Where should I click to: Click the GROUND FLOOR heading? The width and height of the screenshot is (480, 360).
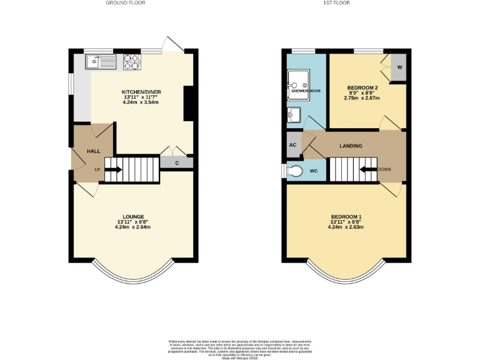[126, 3]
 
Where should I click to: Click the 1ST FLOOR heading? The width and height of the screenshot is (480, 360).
[336, 3]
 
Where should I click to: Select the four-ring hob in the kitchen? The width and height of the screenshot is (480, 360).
[131, 61]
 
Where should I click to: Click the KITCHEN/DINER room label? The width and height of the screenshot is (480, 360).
[141, 92]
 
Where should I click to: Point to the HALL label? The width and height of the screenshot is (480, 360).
[93, 151]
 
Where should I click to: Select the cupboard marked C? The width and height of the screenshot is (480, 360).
[177, 162]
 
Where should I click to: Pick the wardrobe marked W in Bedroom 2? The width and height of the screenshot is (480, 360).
[399, 67]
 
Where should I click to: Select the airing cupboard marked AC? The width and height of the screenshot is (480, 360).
[292, 145]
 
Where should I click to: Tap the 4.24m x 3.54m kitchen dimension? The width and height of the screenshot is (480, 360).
[141, 103]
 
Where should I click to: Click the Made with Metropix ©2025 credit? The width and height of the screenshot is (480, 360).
[239, 355]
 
